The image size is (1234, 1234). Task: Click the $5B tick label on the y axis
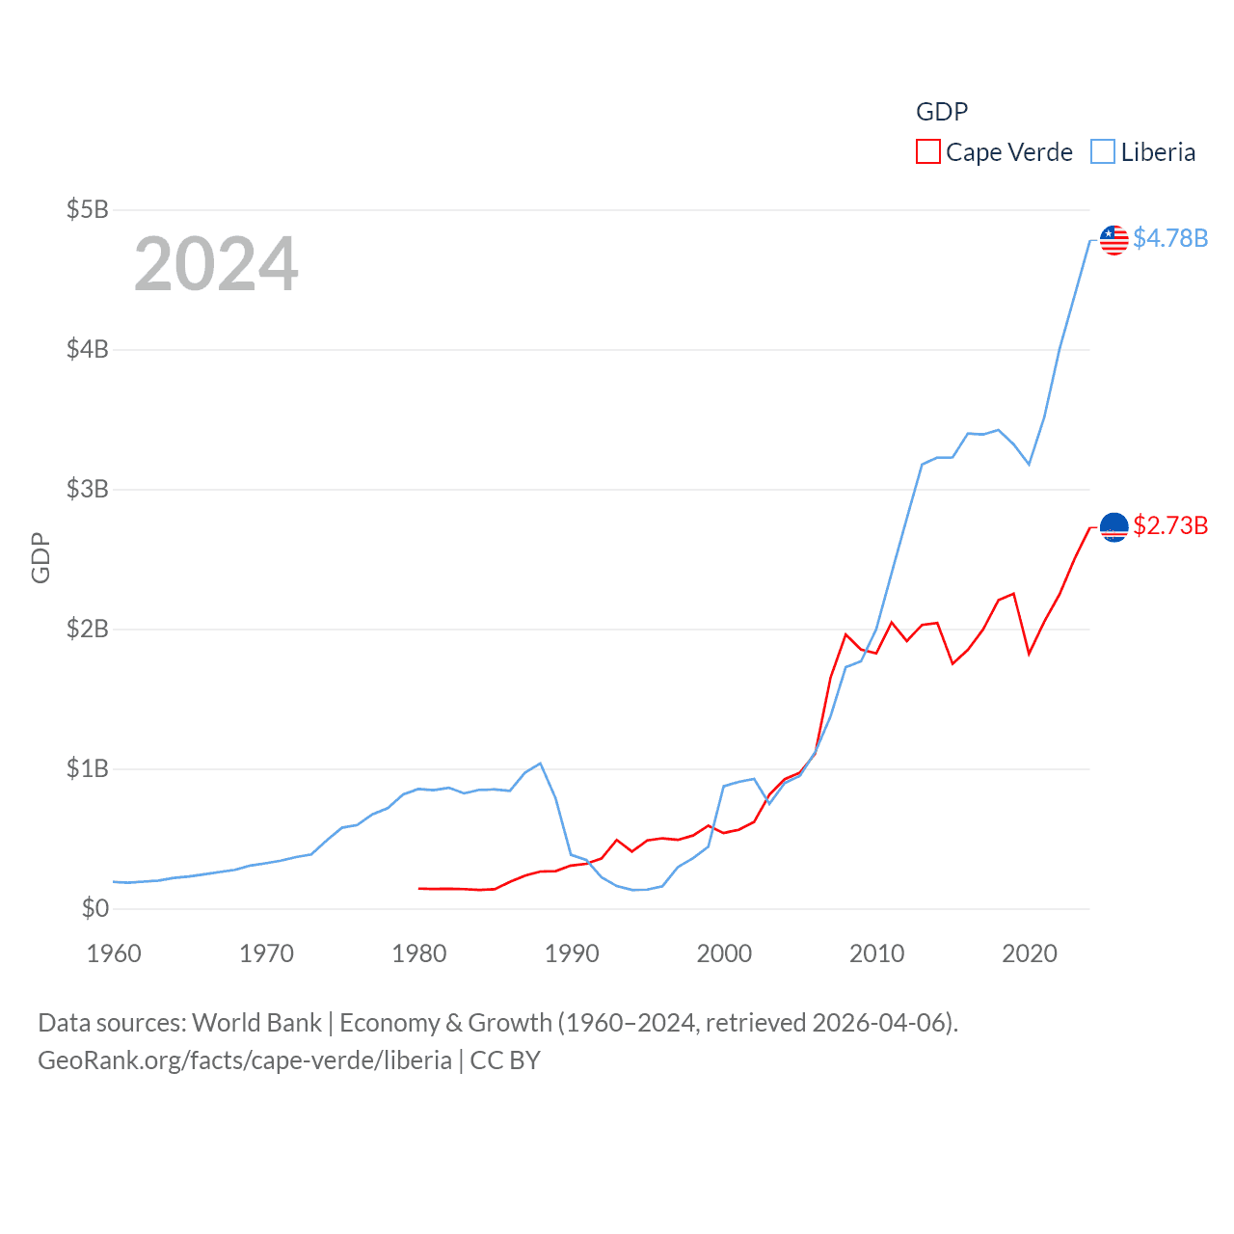pyautogui.click(x=87, y=209)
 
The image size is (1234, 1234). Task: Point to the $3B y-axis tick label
pyautogui.click(x=87, y=489)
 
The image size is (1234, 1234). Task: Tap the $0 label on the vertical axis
pyautogui.click(x=94, y=908)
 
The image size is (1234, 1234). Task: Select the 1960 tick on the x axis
pyautogui.click(x=114, y=953)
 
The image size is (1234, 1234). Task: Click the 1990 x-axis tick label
pyautogui.click(x=572, y=953)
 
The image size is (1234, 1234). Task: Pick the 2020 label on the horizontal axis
pyautogui.click(x=1030, y=953)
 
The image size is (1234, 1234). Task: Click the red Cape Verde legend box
pyautogui.click(x=927, y=152)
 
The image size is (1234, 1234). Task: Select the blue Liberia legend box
pyautogui.click(x=1103, y=152)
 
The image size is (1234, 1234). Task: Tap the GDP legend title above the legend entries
pyautogui.click(x=941, y=112)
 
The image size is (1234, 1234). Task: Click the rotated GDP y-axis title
pyautogui.click(x=40, y=557)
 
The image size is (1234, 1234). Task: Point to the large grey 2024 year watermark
pyautogui.click(x=216, y=264)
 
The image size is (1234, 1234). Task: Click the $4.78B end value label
pyautogui.click(x=1170, y=238)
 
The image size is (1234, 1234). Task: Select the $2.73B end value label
pyautogui.click(x=1170, y=525)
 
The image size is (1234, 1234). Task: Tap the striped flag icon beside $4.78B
pyautogui.click(x=1114, y=240)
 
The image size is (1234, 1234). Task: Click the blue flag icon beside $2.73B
pyautogui.click(x=1114, y=527)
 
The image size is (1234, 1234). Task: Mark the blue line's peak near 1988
pyautogui.click(x=540, y=764)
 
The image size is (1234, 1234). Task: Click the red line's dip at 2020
pyautogui.click(x=1030, y=654)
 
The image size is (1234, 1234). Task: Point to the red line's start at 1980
pyautogui.click(x=419, y=888)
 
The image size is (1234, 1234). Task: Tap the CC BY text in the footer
pyautogui.click(x=505, y=1060)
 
